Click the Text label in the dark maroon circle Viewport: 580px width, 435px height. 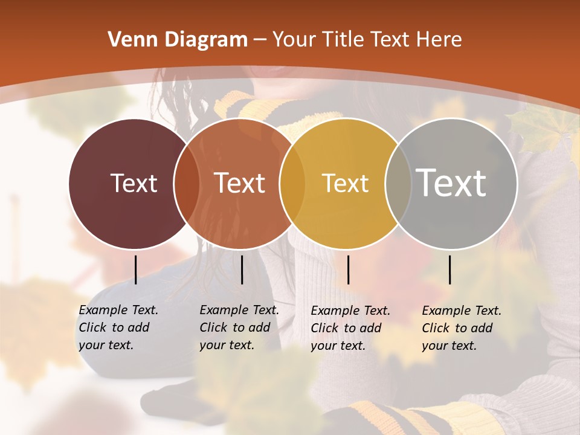134,183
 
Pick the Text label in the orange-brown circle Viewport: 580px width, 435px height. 239,183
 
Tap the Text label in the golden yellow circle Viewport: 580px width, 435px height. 345,183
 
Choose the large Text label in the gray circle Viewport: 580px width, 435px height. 451,183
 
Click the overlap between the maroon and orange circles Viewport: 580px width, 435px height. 186,184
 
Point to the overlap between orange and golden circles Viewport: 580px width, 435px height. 292,184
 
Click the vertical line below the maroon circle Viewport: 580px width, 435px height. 136,269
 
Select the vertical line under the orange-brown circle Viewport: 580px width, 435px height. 242,269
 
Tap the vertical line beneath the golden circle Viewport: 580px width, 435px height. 348,269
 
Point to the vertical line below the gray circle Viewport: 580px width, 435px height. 450,269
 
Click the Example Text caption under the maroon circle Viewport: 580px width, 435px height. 118,327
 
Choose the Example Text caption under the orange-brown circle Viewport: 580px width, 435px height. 239,327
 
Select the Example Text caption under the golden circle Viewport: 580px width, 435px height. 350,328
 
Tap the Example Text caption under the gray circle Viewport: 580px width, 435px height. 462,328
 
